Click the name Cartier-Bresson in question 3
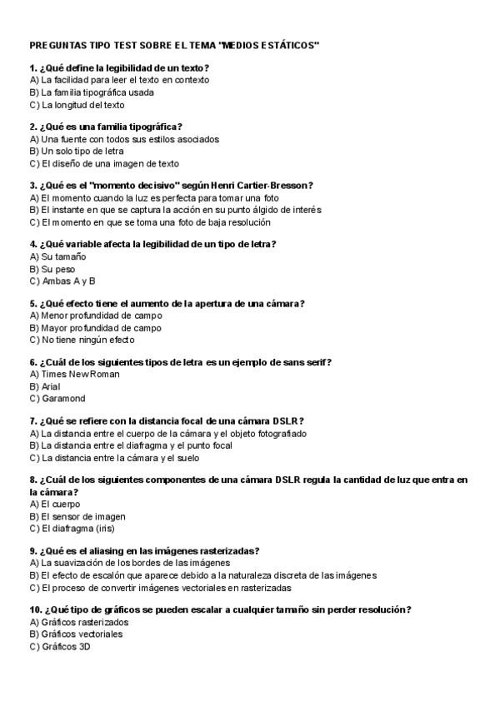tap(272, 186)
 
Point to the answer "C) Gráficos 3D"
tap(59, 645)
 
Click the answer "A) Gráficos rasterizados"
tap(79, 622)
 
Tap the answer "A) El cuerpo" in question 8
tap(55, 504)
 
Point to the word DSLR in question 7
tap(287, 421)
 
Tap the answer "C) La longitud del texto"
tap(77, 105)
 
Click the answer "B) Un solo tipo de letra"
tap(76, 152)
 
